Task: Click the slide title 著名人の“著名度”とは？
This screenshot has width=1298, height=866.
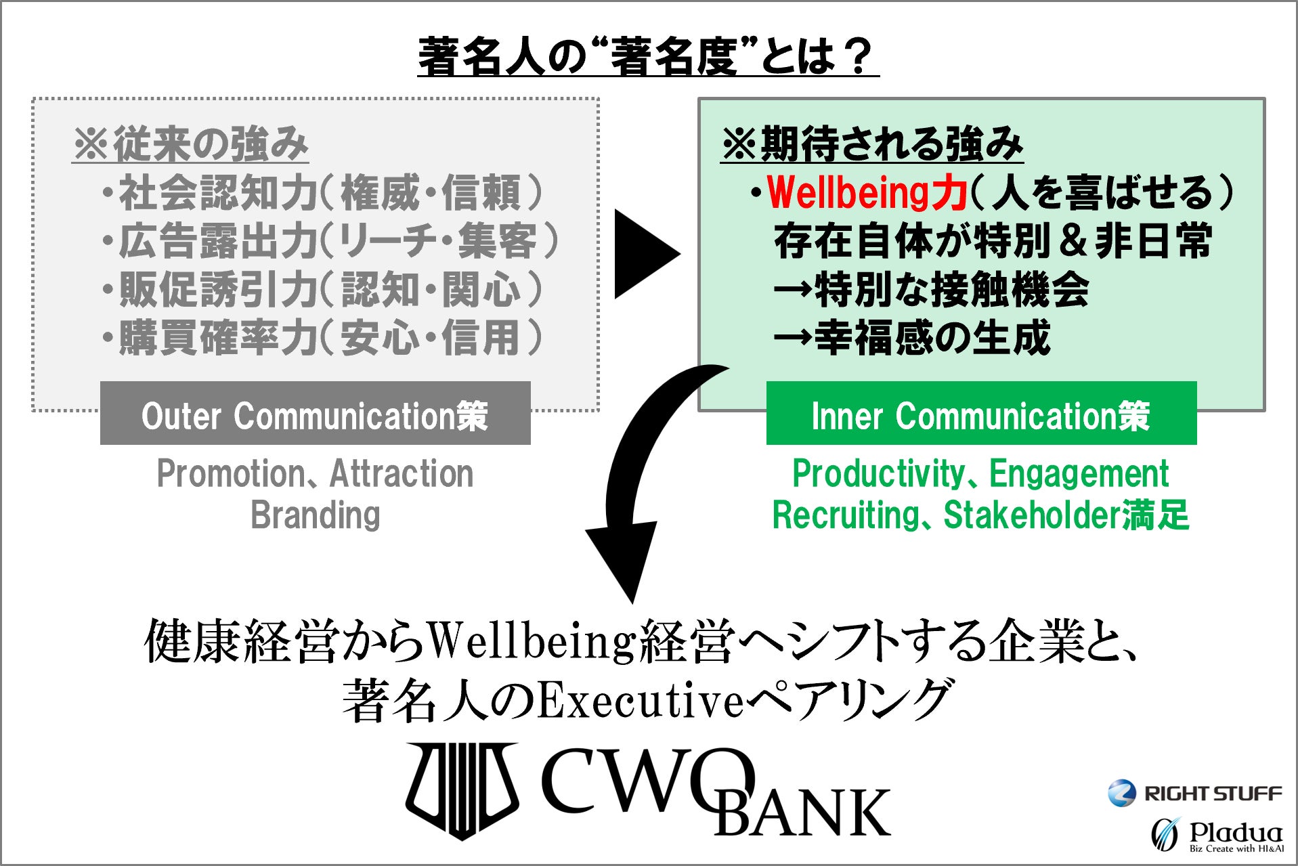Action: coord(648,56)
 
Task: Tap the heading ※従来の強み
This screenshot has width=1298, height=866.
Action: coord(190,144)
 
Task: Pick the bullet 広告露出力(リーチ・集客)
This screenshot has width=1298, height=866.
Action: coord(331,242)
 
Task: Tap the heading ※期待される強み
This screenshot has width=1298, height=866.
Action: coord(871,144)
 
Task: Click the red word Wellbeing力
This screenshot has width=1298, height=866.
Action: coord(867,193)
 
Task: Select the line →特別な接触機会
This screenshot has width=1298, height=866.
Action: coord(931,290)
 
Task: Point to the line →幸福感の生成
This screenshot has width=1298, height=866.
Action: coord(911,338)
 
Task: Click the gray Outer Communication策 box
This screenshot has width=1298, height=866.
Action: coord(315,413)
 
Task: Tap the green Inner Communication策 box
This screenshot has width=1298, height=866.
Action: coord(981,413)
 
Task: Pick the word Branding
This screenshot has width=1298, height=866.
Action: coord(316,515)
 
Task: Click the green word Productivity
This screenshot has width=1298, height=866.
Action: coord(878,473)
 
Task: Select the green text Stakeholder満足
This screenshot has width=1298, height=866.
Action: coord(1066,515)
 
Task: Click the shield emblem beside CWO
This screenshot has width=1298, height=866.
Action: coord(462,789)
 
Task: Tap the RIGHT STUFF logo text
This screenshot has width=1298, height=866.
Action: coord(1213,794)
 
